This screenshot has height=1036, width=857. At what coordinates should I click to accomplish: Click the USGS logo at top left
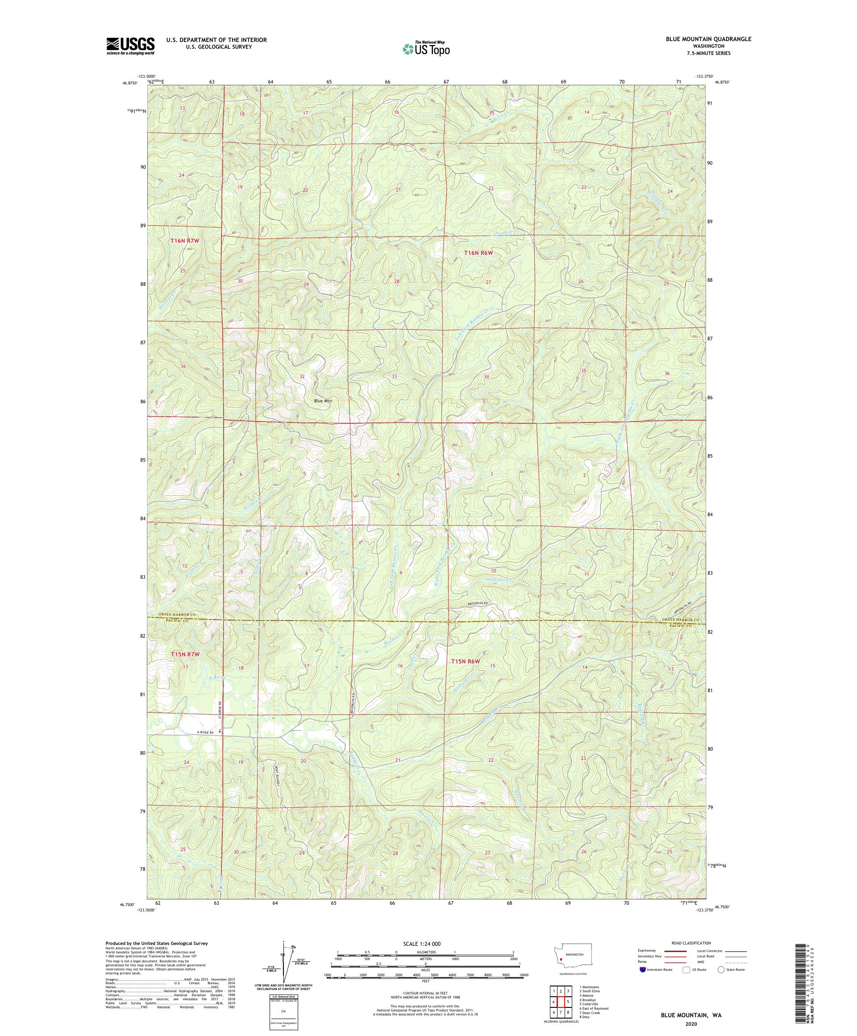tap(130, 46)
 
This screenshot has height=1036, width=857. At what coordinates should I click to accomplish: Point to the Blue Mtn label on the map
tap(323, 401)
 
